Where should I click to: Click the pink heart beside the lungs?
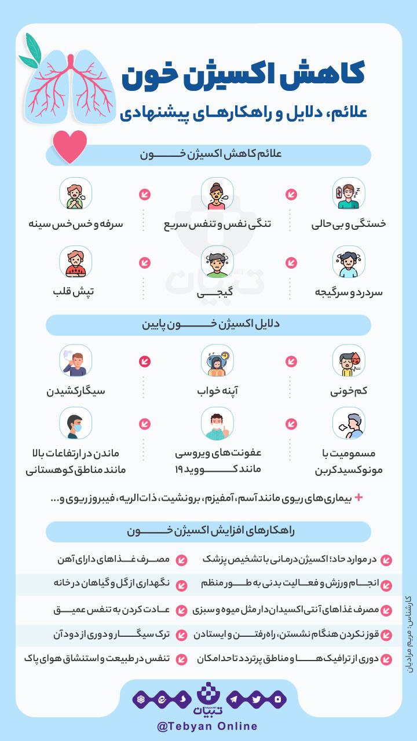(69, 146)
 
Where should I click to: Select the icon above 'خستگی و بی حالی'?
(349, 194)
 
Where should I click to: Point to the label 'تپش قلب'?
(75, 291)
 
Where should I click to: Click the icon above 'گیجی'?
(217, 262)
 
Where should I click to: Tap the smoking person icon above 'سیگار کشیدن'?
(75, 361)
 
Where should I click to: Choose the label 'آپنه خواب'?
(217, 391)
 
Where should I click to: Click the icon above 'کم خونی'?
(349, 361)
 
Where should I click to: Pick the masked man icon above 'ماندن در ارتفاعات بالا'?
(75, 424)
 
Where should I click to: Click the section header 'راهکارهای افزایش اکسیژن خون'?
(209, 531)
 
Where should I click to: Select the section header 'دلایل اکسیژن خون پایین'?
(209, 325)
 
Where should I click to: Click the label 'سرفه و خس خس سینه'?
(76, 223)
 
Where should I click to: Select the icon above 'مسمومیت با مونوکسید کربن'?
(349, 424)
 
